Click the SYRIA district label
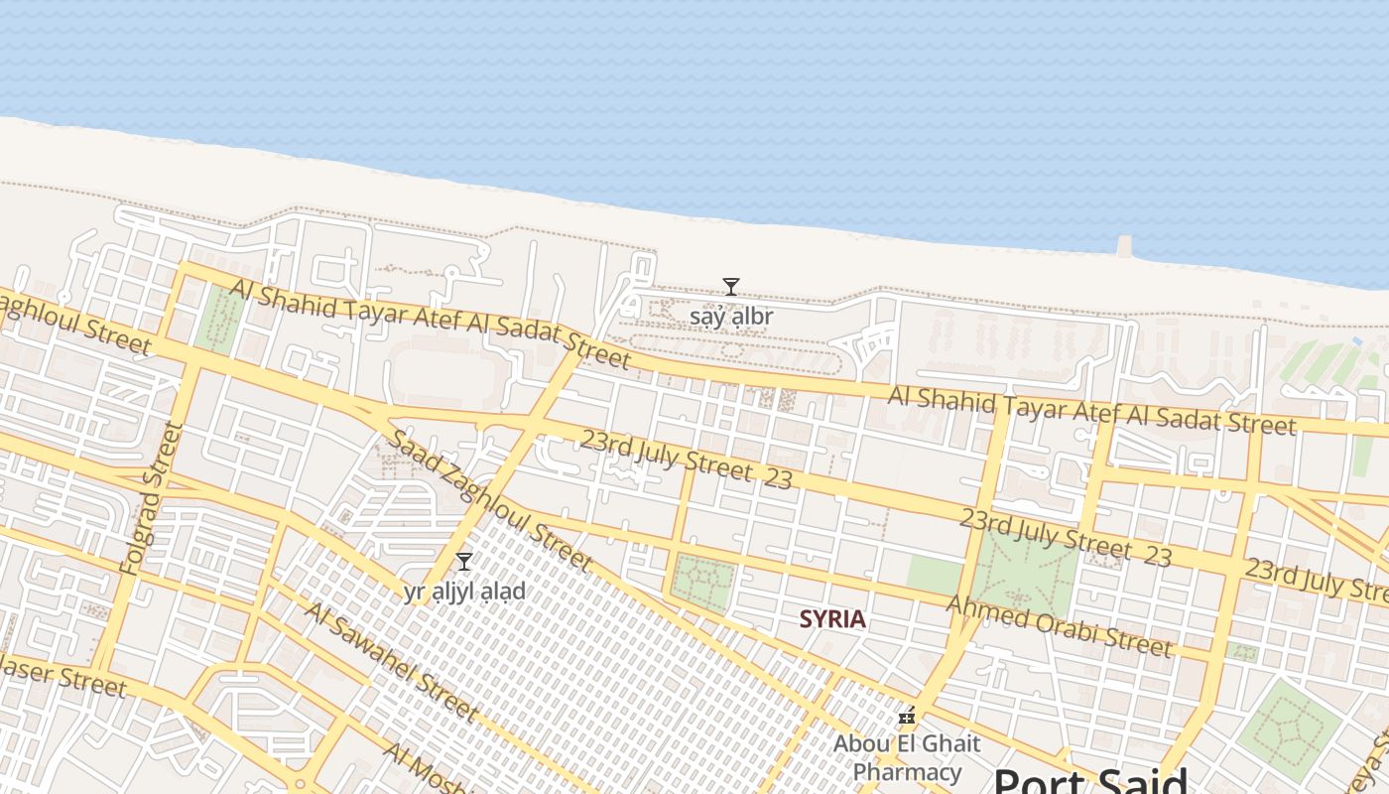pos(832,619)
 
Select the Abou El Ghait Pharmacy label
pos(907,757)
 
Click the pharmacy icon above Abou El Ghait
pos(906,716)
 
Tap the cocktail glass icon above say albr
pos(731,287)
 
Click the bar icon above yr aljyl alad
pos(463,561)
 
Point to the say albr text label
pos(731,317)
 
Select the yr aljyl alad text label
pos(463,592)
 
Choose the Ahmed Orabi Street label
pos(1059,626)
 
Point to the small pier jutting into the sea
pos(1124,246)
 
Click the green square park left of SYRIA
pos(703,583)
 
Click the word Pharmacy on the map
pos(907,771)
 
